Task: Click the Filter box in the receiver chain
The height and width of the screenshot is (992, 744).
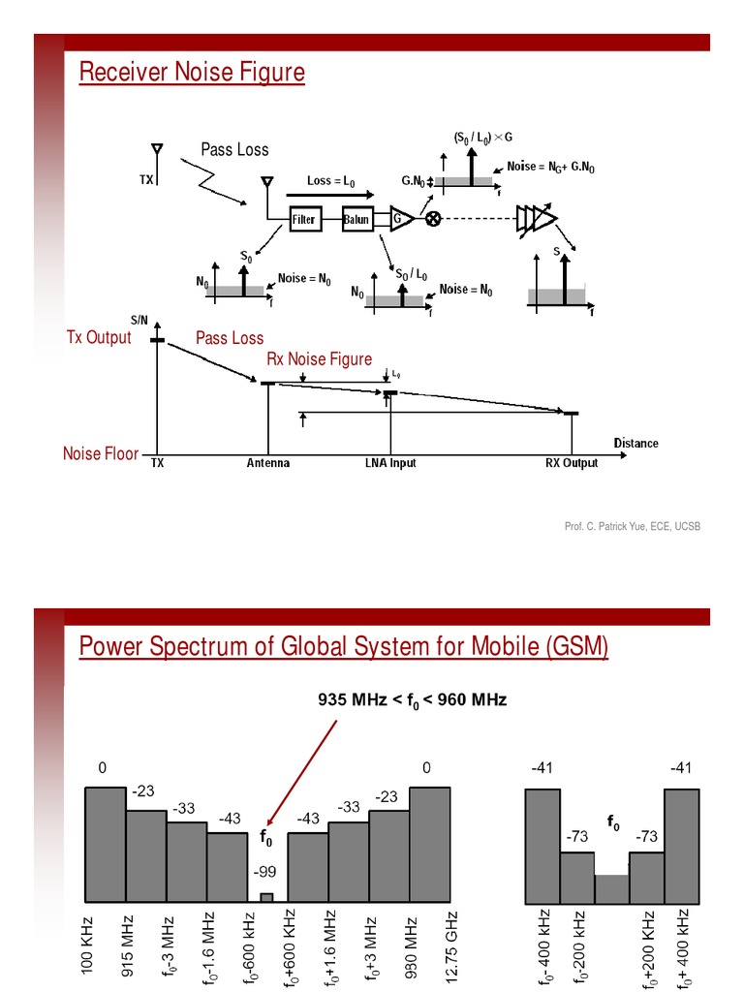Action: pyautogui.click(x=304, y=219)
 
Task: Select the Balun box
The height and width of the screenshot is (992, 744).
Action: pyautogui.click(x=356, y=219)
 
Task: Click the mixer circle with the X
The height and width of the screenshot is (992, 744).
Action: pyautogui.click(x=433, y=219)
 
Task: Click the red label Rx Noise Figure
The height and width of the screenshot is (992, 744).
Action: pyautogui.click(x=319, y=359)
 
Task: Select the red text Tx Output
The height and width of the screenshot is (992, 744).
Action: pyautogui.click(x=98, y=337)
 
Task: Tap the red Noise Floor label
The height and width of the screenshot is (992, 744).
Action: pyautogui.click(x=101, y=453)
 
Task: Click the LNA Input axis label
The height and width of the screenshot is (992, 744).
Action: pyautogui.click(x=384, y=463)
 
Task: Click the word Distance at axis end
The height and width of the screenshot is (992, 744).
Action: pyautogui.click(x=635, y=444)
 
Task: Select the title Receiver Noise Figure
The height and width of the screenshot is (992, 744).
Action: pyautogui.click(x=192, y=73)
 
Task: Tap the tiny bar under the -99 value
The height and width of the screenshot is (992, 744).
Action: pyautogui.click(x=266, y=896)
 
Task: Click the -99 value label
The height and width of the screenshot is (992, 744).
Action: pyautogui.click(x=265, y=872)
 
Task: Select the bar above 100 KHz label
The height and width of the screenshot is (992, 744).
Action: pyautogui.click(x=106, y=843)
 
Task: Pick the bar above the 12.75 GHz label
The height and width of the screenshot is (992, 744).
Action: pyautogui.click(x=430, y=843)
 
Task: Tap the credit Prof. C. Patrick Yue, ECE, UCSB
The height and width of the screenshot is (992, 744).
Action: pyautogui.click(x=632, y=526)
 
